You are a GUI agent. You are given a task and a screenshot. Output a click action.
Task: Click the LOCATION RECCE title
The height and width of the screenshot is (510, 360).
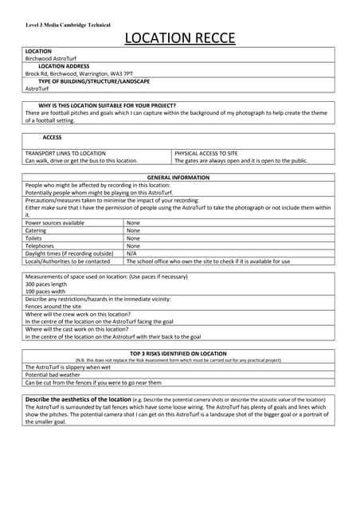[x=179, y=38]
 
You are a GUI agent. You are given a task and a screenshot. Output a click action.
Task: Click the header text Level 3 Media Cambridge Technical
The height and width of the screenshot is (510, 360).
[x=68, y=25]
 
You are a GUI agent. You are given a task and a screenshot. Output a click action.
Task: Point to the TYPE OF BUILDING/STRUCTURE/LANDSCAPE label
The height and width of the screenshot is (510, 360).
[x=94, y=81]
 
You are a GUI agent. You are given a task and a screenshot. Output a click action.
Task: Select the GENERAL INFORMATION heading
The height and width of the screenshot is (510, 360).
[x=179, y=178]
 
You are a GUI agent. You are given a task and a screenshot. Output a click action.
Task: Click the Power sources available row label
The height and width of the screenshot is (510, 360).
[x=55, y=223]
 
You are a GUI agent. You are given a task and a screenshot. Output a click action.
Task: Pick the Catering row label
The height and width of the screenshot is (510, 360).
[x=38, y=230]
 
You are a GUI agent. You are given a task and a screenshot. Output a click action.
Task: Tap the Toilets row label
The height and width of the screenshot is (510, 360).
[x=36, y=238]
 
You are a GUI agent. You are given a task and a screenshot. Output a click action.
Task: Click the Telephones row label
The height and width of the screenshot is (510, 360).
[x=41, y=246]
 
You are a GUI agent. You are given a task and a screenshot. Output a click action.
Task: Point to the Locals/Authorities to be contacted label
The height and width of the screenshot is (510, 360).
[x=68, y=261]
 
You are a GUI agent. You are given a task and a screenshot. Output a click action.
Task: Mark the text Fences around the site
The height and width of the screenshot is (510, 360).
[x=53, y=306]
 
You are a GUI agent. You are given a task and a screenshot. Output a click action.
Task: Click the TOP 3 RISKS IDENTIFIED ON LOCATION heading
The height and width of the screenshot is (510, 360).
[x=179, y=353]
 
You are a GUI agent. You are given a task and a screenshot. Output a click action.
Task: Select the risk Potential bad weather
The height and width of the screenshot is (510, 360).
[x=53, y=375]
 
